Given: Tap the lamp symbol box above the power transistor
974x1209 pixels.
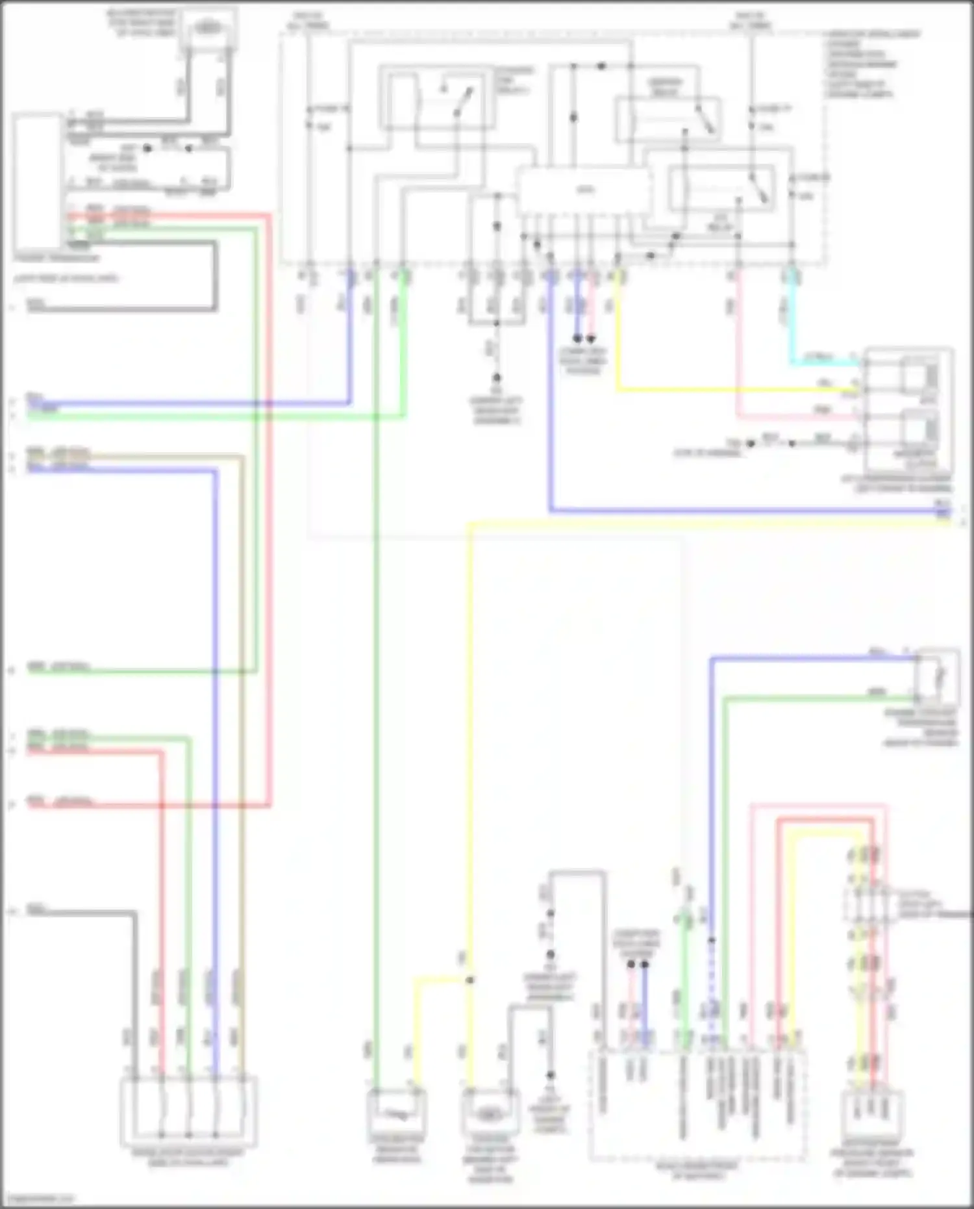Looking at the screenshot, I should pos(208,28).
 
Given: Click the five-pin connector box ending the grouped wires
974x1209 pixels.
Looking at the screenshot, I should pos(188,1112).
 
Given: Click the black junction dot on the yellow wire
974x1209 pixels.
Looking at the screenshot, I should pos(469,980).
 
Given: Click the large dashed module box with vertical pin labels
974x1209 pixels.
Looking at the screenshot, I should pos(698,1104).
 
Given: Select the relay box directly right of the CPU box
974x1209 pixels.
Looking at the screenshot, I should pos(721,188).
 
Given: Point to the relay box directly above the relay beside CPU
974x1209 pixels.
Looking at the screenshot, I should pos(668,119).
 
